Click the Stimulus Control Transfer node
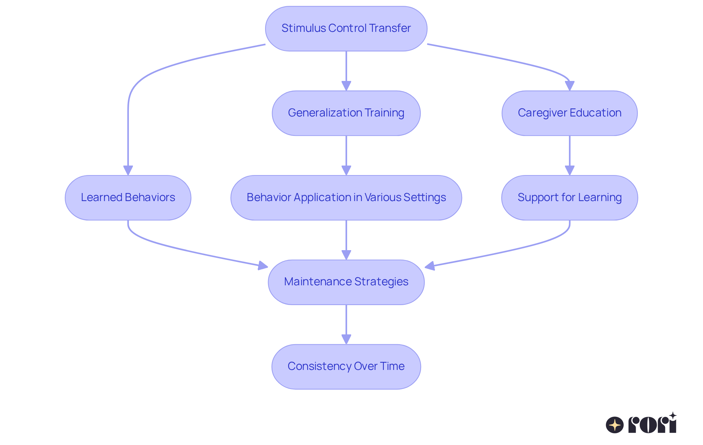point(346,29)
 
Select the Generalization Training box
point(346,113)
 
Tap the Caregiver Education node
point(569,113)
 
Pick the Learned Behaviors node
point(128,198)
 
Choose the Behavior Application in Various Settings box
point(346,198)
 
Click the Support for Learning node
point(569,198)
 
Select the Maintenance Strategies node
point(346,282)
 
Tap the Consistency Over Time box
point(346,367)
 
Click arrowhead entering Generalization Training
point(346,86)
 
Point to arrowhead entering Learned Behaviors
point(128,171)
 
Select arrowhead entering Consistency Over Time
point(346,340)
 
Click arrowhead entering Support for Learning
point(569,171)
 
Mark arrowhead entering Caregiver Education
point(569,86)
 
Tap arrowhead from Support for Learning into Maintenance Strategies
point(430,266)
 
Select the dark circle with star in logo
point(614,425)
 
